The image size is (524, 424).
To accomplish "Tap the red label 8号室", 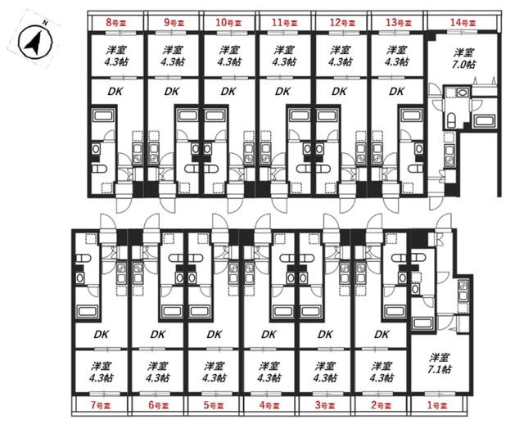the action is tap(116, 23).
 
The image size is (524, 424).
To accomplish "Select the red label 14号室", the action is tap(463, 23).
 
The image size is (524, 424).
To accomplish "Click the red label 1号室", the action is tap(436, 406).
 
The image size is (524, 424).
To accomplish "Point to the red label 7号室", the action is tap(102, 406).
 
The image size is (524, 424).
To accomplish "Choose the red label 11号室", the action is tap(284, 23).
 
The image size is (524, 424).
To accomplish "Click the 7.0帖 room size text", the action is tap(463, 64).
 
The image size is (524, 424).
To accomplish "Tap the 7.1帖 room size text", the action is tap(440, 369).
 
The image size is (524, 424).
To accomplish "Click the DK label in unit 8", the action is tap(115, 92).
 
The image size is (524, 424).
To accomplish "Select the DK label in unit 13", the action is tap(396, 92).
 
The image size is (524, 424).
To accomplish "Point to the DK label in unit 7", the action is tap(101, 335).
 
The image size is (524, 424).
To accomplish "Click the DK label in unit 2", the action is tap(382, 335).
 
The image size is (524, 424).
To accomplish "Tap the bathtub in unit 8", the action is tap(103, 116).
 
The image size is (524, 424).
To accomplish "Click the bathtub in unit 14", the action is tap(484, 121).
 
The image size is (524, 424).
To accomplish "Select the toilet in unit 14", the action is tap(451, 120).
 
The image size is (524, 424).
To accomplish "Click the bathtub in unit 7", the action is tap(88, 311).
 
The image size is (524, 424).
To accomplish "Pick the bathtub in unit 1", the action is tap(422, 323).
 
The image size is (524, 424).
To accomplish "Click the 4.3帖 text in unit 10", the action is tap(229, 62).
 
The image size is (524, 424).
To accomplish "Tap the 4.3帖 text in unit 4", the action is tap(269, 378).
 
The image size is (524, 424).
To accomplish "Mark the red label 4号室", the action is tap(269, 406).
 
